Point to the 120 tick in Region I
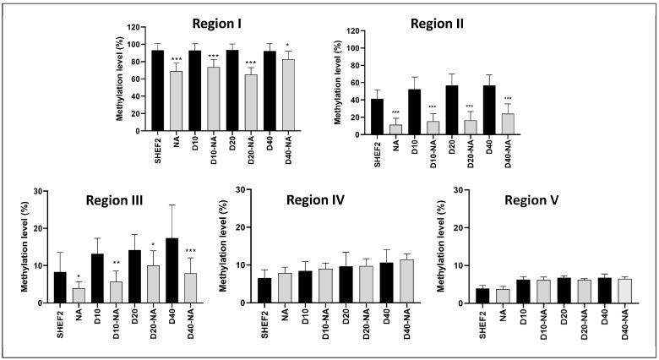[x=135, y=28]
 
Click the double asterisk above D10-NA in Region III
[x=117, y=264]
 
